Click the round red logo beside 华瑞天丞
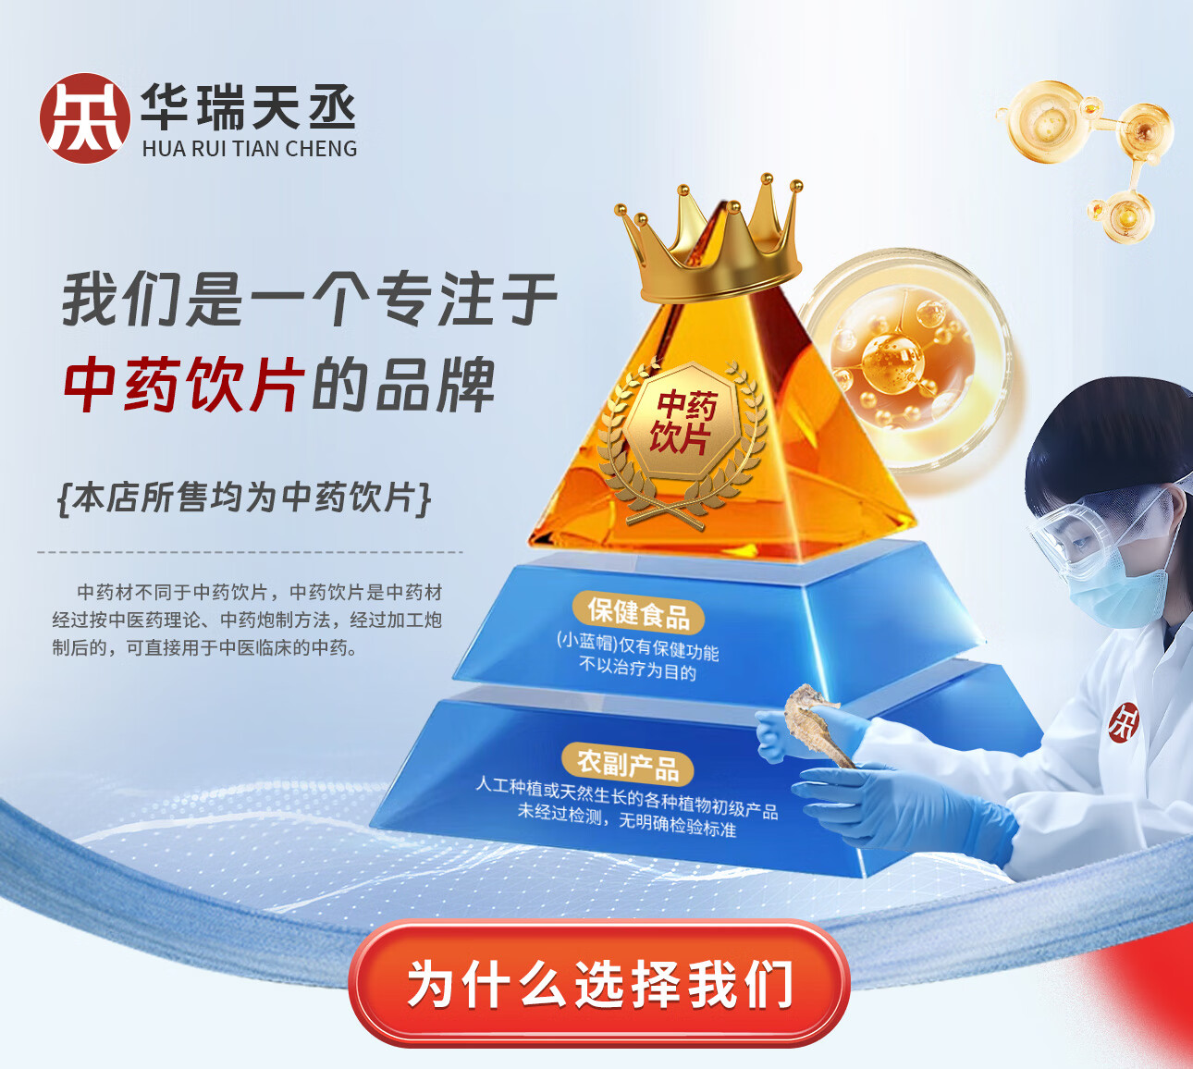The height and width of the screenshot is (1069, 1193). click(x=85, y=117)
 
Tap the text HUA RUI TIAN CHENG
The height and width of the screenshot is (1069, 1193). click(x=250, y=149)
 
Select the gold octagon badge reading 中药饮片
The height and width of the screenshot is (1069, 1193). click(x=682, y=422)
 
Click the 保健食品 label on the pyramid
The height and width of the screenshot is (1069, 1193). click(x=639, y=613)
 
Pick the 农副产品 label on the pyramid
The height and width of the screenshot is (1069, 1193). click(x=628, y=765)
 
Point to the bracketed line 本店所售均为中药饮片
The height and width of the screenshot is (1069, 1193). click(x=244, y=498)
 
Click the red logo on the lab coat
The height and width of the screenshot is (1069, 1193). click(x=1124, y=722)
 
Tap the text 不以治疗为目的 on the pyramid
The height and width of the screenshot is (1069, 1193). click(x=638, y=670)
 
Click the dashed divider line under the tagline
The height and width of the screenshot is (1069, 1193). click(x=251, y=552)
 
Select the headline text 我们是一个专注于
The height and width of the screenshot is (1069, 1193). click(x=310, y=299)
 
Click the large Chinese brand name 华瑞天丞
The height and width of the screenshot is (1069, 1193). click(x=248, y=106)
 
